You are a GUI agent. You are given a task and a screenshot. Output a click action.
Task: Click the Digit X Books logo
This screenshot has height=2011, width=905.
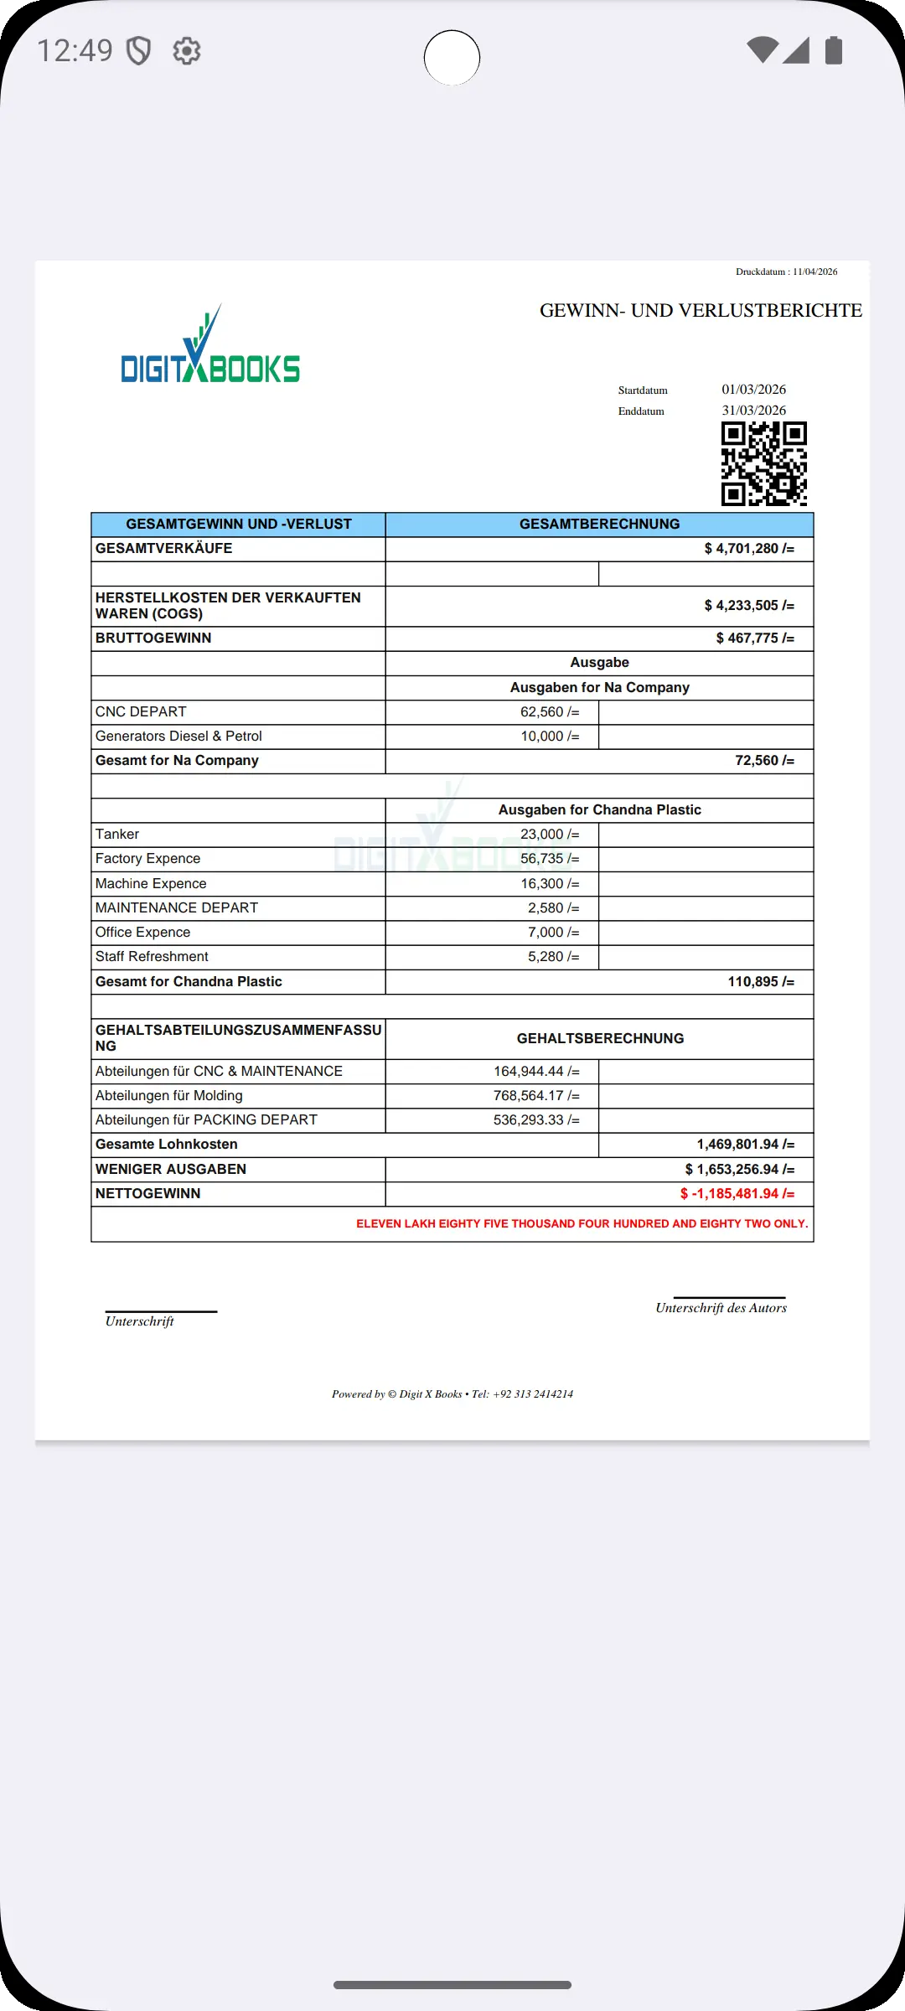point(210,348)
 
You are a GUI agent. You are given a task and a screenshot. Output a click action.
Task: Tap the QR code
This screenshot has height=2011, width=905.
point(763,463)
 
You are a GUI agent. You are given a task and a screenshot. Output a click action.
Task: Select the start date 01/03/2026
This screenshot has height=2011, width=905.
point(753,390)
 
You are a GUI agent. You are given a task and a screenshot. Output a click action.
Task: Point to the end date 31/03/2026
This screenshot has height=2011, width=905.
point(753,411)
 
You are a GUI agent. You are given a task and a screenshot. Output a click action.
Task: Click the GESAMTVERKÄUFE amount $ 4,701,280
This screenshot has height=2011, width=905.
point(748,549)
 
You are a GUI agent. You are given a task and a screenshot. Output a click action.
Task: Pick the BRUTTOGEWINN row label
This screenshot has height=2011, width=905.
point(153,638)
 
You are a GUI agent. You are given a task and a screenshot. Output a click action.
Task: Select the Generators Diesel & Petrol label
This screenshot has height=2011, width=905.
point(178,737)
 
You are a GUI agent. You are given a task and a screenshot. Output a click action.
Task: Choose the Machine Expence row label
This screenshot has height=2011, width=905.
point(151,884)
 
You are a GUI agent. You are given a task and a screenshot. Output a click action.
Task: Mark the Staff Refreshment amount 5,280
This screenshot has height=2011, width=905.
point(553,957)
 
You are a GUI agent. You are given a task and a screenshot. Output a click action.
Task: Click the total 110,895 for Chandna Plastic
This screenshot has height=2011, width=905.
point(760,982)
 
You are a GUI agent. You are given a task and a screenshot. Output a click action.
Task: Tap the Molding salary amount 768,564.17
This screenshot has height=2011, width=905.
point(536,1096)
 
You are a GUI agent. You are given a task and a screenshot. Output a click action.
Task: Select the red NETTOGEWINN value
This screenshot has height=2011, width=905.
point(737,1194)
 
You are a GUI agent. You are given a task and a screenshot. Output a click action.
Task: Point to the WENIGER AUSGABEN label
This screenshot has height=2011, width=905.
point(171,1170)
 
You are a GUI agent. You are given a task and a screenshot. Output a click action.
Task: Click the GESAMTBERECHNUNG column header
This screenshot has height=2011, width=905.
point(599,525)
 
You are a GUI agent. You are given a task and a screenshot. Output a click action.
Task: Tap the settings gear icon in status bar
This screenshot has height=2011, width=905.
point(187,51)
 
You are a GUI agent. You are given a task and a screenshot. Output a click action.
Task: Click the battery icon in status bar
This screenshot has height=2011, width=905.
point(833,50)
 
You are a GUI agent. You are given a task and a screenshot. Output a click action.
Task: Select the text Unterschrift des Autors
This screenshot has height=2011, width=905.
point(721,1308)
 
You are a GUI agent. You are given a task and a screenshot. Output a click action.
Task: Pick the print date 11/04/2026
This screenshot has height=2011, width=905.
point(814,271)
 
